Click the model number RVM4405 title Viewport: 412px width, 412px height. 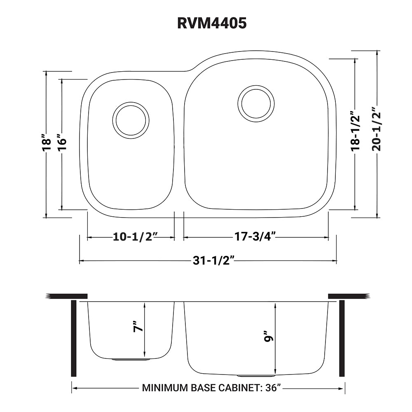[x=212, y=23]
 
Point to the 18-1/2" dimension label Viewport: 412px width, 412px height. [x=355, y=131]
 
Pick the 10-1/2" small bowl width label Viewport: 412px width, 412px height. [x=131, y=238]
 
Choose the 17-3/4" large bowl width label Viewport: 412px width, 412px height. [x=255, y=238]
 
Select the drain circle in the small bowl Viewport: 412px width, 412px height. [x=131, y=120]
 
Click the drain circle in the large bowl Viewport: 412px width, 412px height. [x=256, y=103]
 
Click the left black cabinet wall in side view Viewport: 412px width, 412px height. [x=74, y=338]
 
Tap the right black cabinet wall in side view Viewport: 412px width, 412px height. [x=342, y=338]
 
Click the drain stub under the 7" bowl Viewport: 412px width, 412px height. [x=131, y=359]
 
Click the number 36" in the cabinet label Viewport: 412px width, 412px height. [x=273, y=388]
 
